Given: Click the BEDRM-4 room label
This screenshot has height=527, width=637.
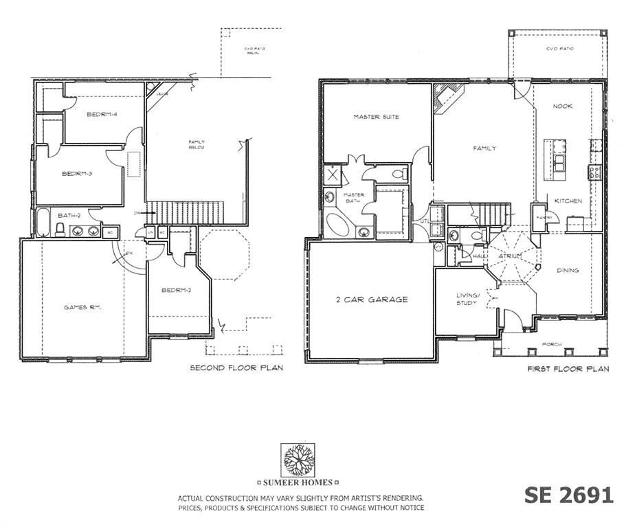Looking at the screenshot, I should (x=101, y=114).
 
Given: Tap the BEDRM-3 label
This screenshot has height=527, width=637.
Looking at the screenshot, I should (x=77, y=173).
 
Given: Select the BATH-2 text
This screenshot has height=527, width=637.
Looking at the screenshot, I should (x=69, y=215).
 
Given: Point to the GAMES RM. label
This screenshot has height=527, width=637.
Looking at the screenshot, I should (x=82, y=307).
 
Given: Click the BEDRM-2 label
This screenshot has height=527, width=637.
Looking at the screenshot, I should (x=176, y=290).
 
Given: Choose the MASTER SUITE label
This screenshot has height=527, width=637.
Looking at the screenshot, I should (x=376, y=117).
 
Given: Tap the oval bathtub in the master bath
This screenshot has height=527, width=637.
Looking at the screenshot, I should (x=338, y=225).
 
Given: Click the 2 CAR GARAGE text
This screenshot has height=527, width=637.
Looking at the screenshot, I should (x=372, y=299).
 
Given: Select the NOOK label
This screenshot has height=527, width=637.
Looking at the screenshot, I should (x=562, y=106).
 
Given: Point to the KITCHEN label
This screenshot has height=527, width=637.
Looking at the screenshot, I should (x=568, y=201).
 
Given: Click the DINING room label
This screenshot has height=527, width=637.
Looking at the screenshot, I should (x=568, y=270).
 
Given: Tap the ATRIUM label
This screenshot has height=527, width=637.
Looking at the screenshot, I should (x=510, y=256).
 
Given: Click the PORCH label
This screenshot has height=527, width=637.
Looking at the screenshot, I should (x=551, y=344).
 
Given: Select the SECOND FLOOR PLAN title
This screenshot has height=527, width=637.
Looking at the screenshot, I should (x=236, y=368).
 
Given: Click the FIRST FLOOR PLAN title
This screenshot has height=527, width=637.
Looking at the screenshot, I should (x=568, y=369).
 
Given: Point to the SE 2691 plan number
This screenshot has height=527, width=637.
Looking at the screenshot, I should (x=568, y=495).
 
